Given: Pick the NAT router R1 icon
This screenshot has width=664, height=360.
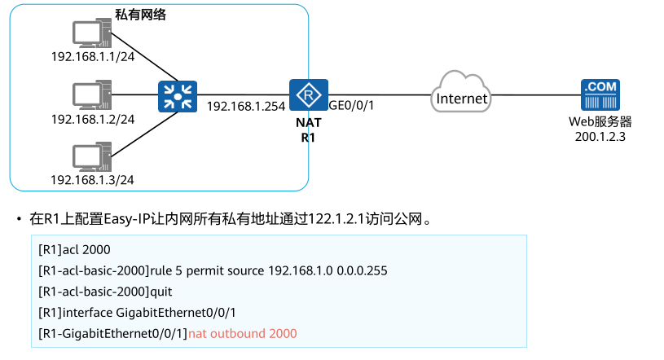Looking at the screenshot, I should pyautogui.click(x=309, y=96).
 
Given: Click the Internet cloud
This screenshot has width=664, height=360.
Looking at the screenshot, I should pyautogui.click(x=462, y=94).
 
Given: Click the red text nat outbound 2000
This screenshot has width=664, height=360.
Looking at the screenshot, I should pyautogui.click(x=243, y=333).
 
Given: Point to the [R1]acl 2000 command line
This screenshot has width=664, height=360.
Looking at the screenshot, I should pyautogui.click(x=74, y=248).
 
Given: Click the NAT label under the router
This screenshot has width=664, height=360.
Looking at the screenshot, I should pyautogui.click(x=309, y=123).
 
